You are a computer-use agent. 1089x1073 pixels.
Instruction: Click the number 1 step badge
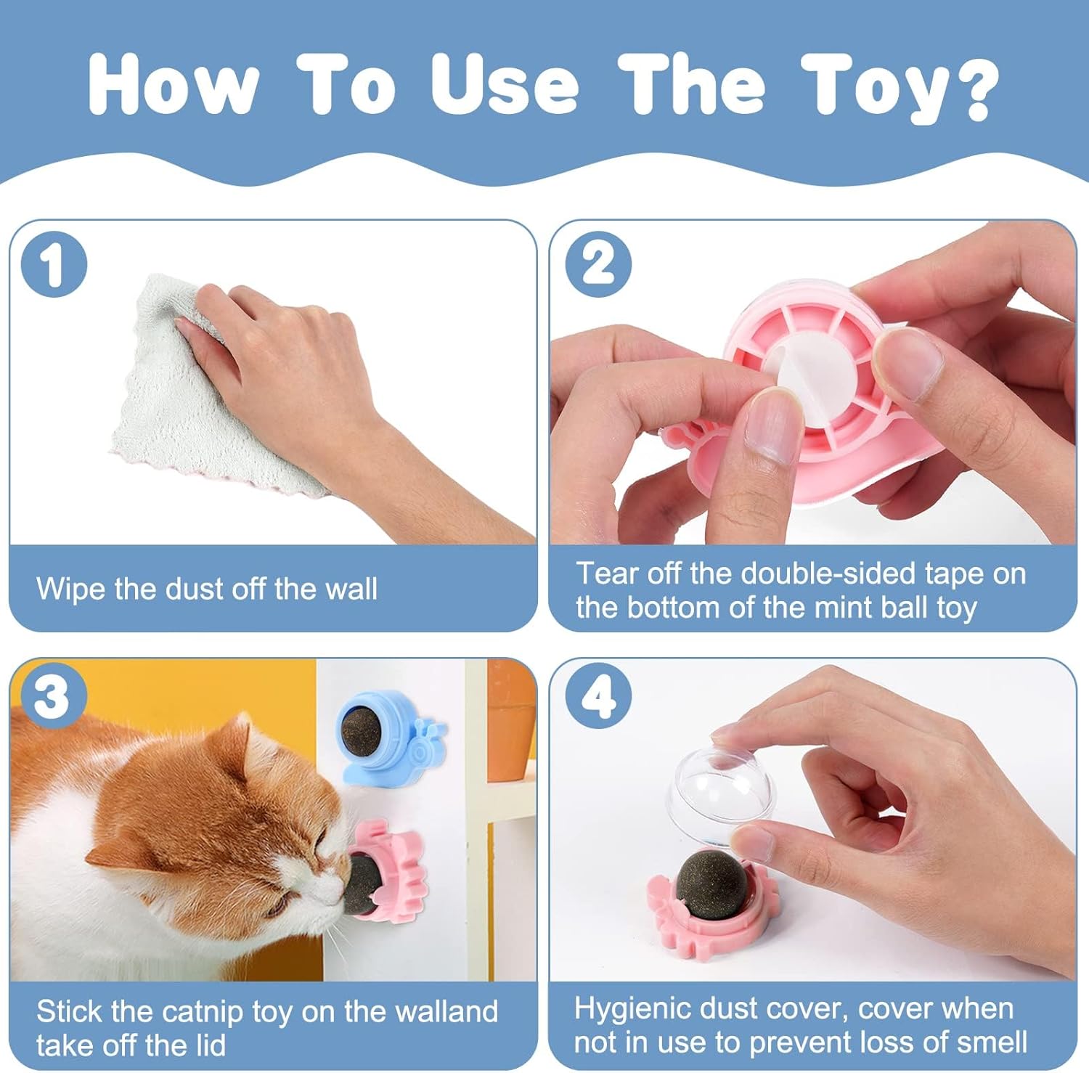(54, 264)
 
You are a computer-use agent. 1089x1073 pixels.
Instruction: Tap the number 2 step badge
(598, 264)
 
